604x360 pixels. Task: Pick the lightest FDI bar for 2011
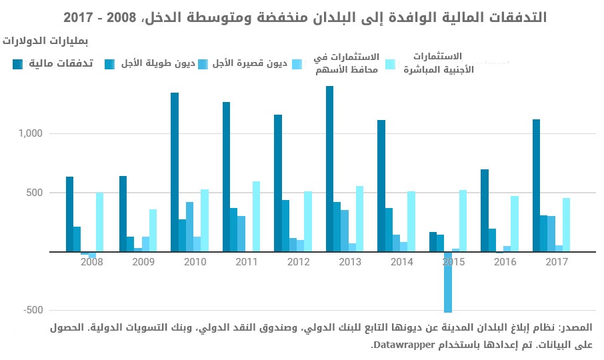[257, 217]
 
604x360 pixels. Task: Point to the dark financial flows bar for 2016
[485, 211]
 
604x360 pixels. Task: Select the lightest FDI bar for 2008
[100, 223]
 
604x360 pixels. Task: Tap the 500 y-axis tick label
[36, 193]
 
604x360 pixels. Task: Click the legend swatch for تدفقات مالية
[18, 64]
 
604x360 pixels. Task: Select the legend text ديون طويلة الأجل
[163, 64]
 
